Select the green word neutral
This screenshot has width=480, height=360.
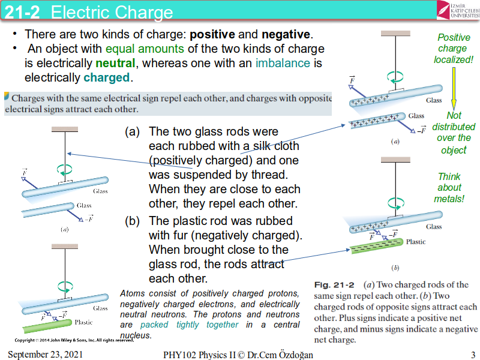pos(115,63)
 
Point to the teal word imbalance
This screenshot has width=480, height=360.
pos(283,63)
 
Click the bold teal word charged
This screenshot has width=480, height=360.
pos(107,77)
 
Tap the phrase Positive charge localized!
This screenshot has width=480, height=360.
pos(454,48)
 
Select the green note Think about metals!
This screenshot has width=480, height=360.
pos(449,187)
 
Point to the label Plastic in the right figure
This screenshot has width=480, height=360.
pos(416,242)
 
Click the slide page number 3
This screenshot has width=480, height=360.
pos(473,355)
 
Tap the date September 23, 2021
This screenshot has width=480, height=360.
pos(46,355)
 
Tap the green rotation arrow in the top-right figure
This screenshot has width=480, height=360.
pos(395,76)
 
